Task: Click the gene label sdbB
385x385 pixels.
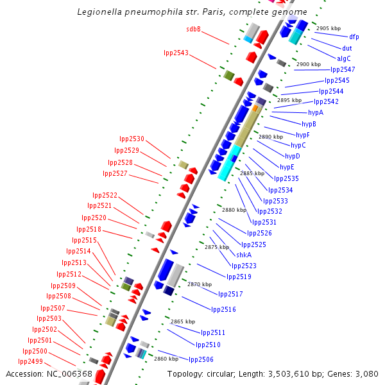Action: pos(193,29)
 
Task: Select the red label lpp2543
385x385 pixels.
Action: pos(176,53)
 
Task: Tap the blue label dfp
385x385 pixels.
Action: pos(354,37)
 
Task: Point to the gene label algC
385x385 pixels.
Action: pos(344,58)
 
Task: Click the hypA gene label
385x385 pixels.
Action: pos(316,112)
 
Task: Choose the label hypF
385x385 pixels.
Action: pos(303,135)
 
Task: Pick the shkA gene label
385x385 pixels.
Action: pos(244,255)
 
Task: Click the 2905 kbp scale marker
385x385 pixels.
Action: pos(329,28)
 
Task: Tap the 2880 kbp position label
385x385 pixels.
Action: pos(234,210)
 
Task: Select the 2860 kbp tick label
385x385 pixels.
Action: pos(166,359)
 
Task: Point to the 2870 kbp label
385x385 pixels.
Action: pos(200,284)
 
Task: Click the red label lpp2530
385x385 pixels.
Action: pos(132,139)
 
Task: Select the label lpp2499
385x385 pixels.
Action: pos(30,362)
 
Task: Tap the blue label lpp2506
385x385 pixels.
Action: pos(201,359)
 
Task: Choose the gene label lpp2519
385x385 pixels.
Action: pos(239,277)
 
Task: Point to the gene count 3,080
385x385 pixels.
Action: pos(366,373)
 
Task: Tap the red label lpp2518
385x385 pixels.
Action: pos(89,229)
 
